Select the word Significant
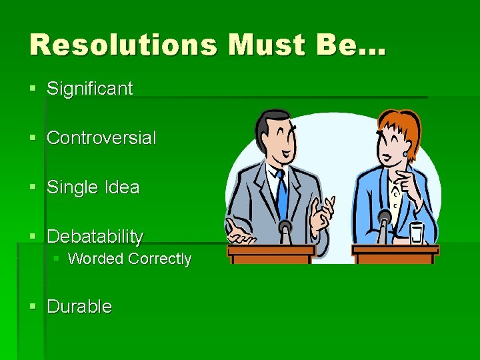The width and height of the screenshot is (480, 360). click(x=89, y=89)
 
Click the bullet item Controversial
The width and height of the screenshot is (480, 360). click(x=101, y=138)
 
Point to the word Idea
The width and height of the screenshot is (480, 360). click(x=121, y=187)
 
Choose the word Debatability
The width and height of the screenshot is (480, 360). click(x=95, y=237)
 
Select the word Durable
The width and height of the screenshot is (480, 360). click(x=79, y=307)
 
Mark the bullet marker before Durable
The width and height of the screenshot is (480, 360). click(x=34, y=307)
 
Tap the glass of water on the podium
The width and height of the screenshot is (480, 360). click(x=417, y=233)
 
